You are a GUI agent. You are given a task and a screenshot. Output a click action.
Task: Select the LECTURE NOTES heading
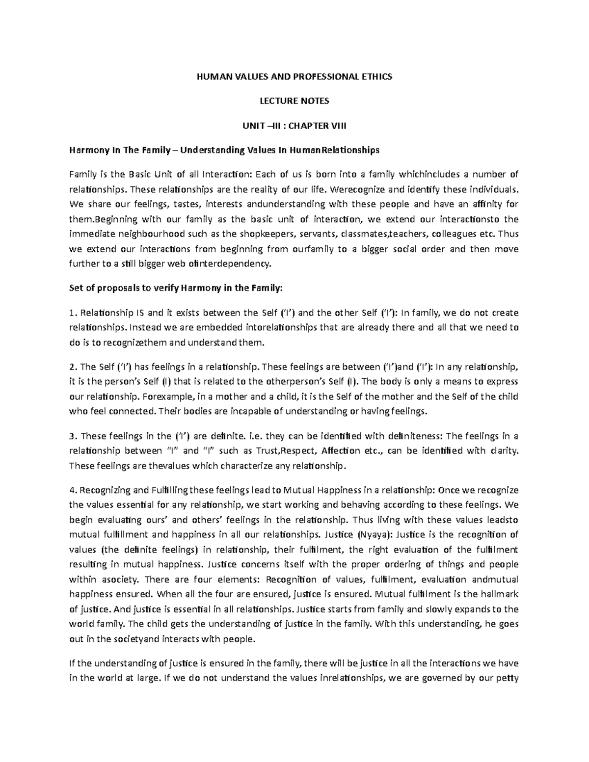pyautogui.click(x=294, y=101)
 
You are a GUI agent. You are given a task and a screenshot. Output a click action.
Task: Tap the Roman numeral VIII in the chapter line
pyautogui.click(x=337, y=126)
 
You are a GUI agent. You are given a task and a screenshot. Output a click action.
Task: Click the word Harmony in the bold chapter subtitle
pyautogui.click(x=88, y=150)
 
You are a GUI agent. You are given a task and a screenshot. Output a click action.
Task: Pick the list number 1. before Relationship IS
pyautogui.click(x=73, y=313)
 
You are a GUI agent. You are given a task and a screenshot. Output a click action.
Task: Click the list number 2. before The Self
pyautogui.click(x=73, y=367)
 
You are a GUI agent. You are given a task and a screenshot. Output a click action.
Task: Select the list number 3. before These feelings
pyautogui.click(x=73, y=436)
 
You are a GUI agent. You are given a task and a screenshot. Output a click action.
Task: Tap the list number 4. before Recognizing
pyautogui.click(x=73, y=490)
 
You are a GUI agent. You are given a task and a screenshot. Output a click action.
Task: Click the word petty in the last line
pyautogui.click(x=507, y=679)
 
